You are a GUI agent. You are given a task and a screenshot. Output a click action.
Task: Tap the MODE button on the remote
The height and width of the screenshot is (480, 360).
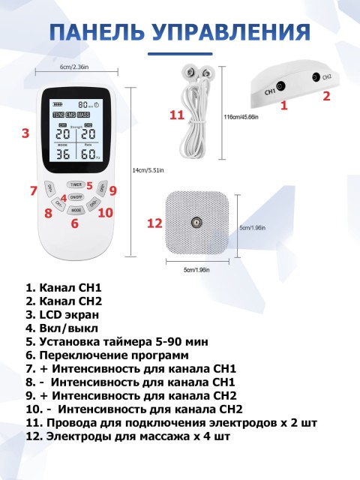pos(76,211)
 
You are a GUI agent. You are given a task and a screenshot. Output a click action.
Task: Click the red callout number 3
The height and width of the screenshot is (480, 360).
pos(25,133)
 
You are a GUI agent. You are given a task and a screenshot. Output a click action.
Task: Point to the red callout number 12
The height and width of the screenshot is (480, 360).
pos(154,223)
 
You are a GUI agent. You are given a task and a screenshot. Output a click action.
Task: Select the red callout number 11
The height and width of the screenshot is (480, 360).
pos(176,115)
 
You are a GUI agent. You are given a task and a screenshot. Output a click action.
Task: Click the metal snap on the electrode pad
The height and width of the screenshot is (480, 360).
pos(196,222)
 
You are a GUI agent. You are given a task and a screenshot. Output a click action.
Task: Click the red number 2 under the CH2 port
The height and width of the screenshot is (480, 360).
pos(326,96)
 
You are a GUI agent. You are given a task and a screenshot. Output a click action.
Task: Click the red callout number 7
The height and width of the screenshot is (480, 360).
pos(33,190)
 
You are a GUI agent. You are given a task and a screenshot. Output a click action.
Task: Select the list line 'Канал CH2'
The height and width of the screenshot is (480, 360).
pos(63,301)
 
